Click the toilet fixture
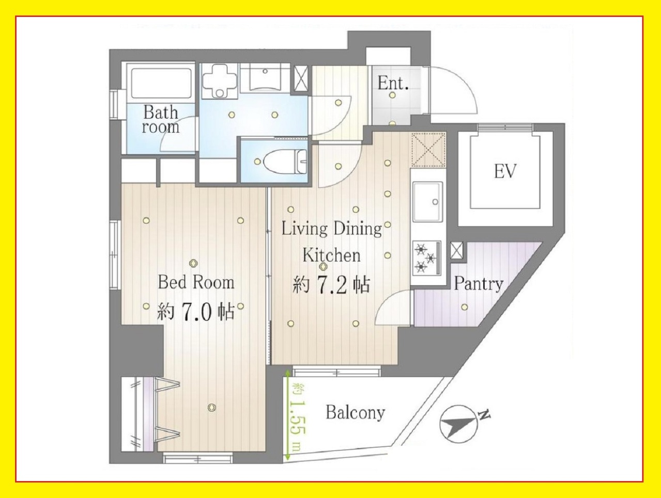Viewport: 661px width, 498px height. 285,162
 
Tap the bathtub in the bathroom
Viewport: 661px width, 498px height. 161,83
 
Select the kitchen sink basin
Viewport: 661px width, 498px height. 427,201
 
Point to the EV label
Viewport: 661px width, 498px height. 505,171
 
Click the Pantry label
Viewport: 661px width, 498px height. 479,284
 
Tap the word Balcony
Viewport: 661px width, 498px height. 356,412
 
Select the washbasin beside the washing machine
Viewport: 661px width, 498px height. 265,76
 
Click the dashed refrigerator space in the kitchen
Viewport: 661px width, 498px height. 428,150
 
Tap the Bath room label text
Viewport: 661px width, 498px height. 161,119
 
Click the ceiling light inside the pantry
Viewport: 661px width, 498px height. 465,307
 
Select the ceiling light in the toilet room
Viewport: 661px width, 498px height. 257,162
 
